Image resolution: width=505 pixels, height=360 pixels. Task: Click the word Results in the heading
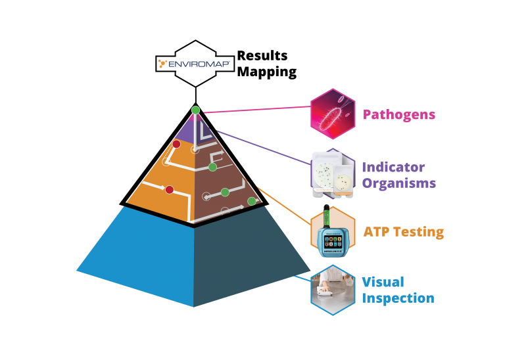[x=262, y=56]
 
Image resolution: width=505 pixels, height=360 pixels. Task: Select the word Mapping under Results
[x=266, y=72]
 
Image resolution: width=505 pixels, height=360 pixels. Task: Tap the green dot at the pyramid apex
[x=195, y=110]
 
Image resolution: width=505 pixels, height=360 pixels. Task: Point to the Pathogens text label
[x=398, y=114]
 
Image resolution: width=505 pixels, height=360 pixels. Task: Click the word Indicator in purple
[x=393, y=168]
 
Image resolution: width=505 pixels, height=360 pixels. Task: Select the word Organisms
[x=398, y=183]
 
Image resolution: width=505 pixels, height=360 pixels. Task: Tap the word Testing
[x=419, y=232]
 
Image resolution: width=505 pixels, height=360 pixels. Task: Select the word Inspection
[x=398, y=298]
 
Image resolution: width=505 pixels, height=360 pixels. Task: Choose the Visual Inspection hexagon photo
[x=333, y=289]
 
